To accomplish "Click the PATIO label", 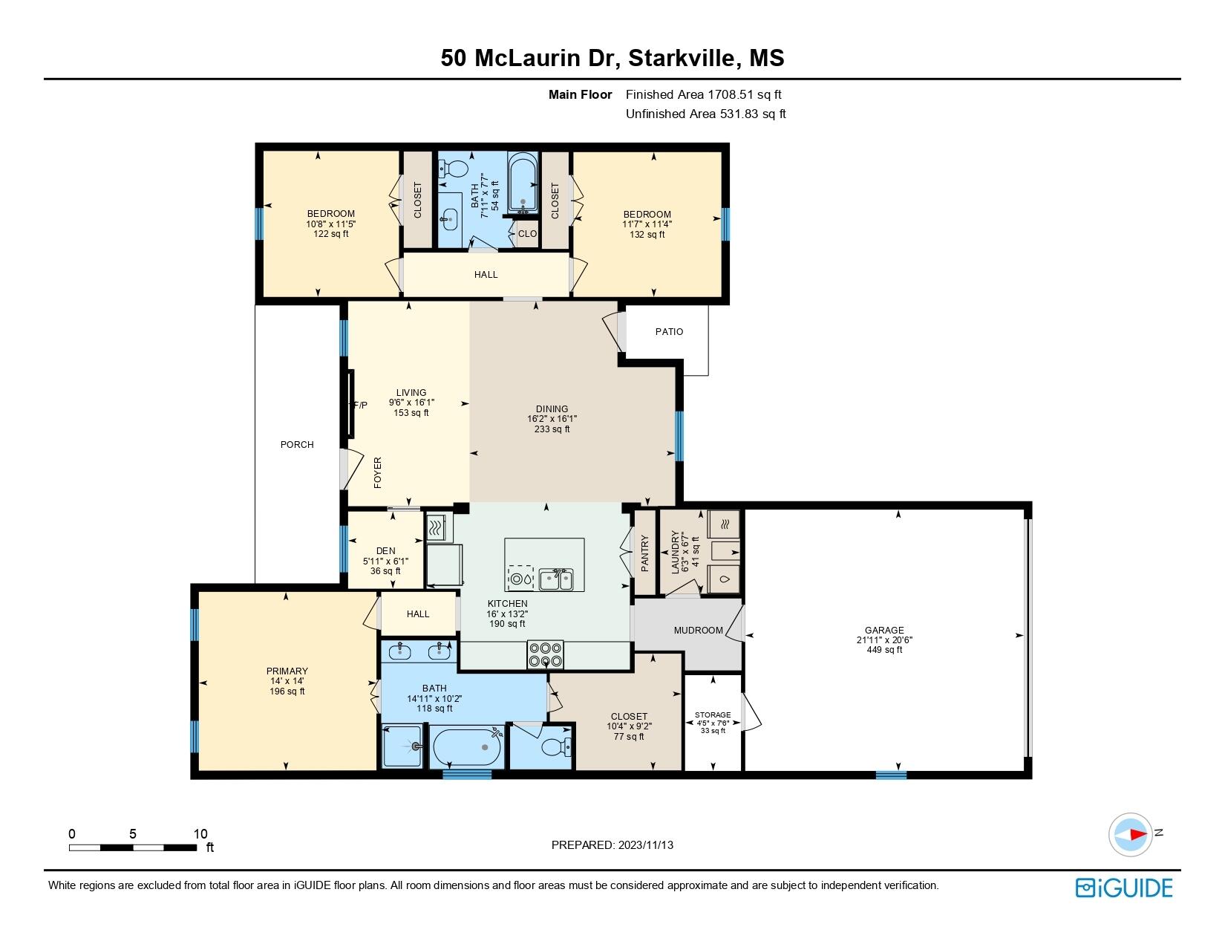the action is click(x=669, y=332).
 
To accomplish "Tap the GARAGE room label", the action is click(x=884, y=630).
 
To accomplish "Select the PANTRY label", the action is click(x=645, y=553).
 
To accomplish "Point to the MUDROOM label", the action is click(x=698, y=630).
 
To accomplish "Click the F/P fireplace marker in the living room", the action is click(x=359, y=405).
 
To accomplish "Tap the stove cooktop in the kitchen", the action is click(x=545, y=655).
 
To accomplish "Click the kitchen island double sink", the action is click(x=556, y=579).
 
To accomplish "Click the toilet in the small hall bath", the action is click(x=454, y=169).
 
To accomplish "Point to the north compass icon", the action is click(x=1130, y=835).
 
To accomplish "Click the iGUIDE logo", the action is click(x=1123, y=888).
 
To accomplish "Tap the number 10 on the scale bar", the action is click(x=200, y=833).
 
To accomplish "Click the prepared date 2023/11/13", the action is click(x=645, y=845).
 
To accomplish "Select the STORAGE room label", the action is click(x=713, y=715).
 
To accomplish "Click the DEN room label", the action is click(x=385, y=551).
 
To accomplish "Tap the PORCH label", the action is click(x=297, y=444).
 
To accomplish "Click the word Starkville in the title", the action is click(x=682, y=58).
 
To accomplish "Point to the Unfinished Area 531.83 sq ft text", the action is click(x=706, y=114).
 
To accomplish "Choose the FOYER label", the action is click(x=378, y=472).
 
